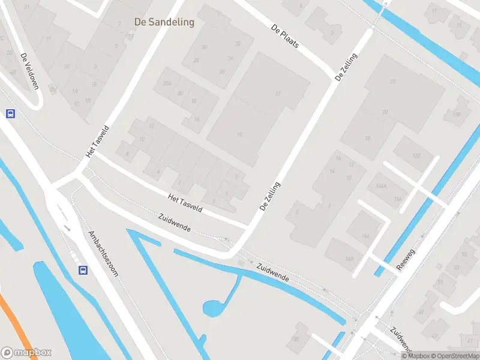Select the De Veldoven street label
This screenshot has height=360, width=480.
[29, 71]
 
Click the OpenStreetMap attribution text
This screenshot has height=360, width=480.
[454, 356]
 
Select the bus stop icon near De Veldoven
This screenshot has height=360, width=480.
[10, 113]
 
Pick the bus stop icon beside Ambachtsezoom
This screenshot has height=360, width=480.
[83, 271]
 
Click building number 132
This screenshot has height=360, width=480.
[416, 156]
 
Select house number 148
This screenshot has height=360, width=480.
[349, 259]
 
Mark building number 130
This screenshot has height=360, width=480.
[457, 115]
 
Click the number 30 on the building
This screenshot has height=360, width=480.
[204, 47]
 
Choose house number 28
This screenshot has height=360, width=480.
[196, 60]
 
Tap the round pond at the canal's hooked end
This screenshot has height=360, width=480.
[212, 308]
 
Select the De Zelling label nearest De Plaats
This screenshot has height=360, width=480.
[346, 68]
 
